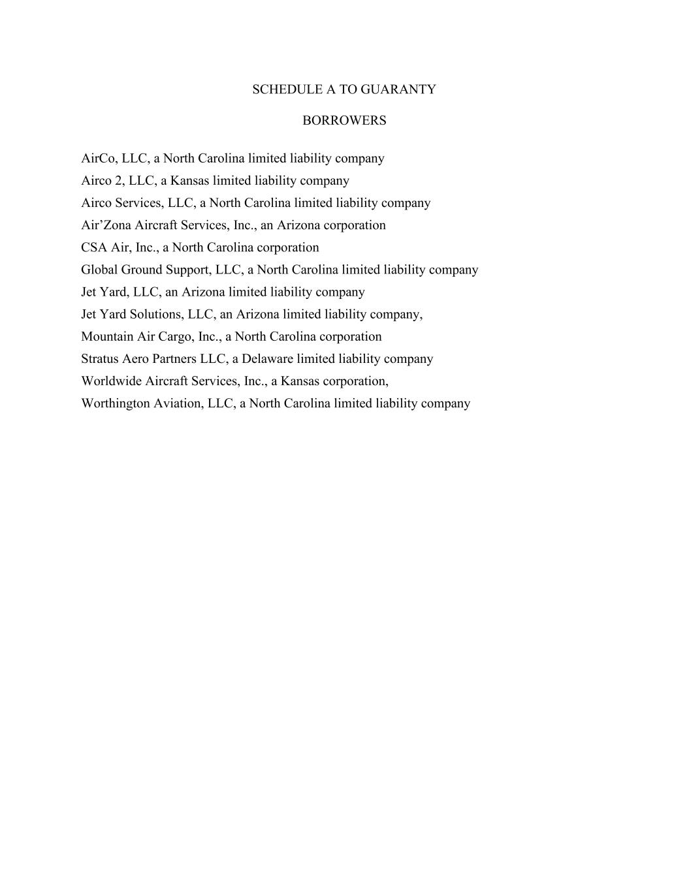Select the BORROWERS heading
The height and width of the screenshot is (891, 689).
pos(344,121)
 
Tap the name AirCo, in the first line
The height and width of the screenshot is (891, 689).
pos(99,159)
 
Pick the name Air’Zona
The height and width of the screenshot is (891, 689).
pos(106,225)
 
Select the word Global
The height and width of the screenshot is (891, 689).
pos(99,270)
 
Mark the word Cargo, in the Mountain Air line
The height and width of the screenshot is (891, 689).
pos(176,337)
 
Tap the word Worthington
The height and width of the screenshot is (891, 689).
pos(115,403)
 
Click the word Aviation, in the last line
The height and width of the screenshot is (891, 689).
pos(178,403)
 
